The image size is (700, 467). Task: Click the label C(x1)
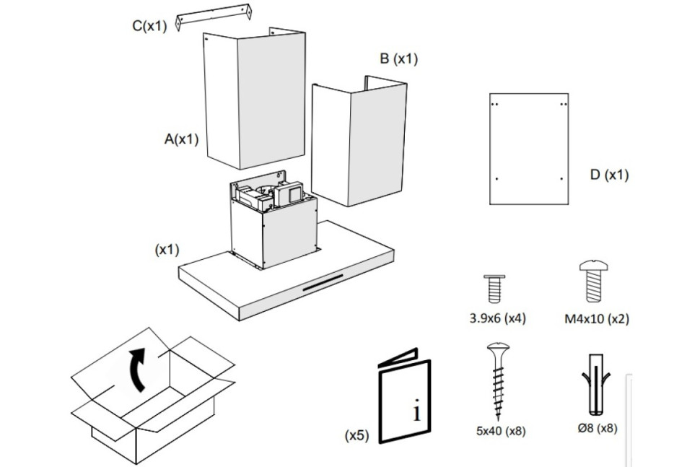pos(149,26)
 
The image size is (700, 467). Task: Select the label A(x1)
pos(181,139)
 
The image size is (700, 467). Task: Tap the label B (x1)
pos(398,58)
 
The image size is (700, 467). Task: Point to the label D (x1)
pos(609,175)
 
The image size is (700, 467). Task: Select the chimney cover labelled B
pos(359,141)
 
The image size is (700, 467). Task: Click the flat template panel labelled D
pos(529,149)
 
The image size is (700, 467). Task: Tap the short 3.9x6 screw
pos(494,289)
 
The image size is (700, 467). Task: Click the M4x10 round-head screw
pos(594,281)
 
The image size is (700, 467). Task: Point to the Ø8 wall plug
pos(596,385)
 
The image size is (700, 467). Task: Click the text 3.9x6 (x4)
pos(497,318)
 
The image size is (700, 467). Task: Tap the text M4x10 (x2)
pos(596,319)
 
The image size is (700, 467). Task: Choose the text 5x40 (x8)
pos(500,431)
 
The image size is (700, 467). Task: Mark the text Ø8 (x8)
pos(598,428)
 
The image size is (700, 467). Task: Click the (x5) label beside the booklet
pos(357,435)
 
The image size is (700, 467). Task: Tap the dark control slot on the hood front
pos(323,283)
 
